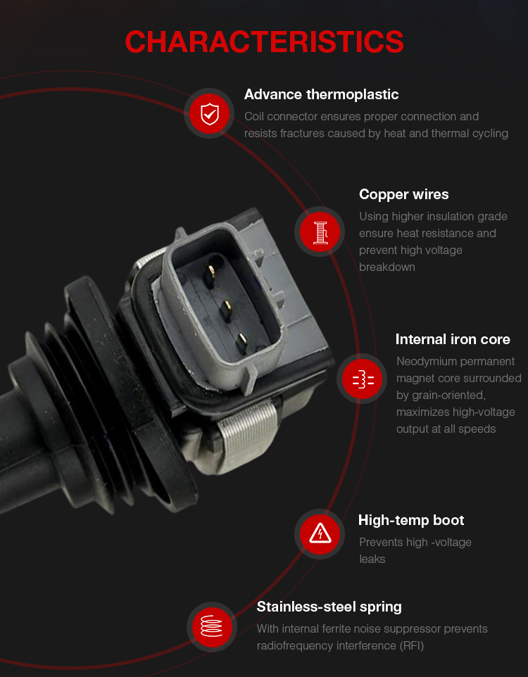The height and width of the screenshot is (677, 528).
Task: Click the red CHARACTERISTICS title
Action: point(264,42)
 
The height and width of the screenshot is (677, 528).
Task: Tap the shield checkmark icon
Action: point(210,114)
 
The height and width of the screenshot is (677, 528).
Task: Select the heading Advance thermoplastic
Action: point(321,94)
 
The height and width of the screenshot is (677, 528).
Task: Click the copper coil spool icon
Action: point(320,232)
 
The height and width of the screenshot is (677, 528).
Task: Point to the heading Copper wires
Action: point(403,195)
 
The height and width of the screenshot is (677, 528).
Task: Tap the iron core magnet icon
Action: point(363,379)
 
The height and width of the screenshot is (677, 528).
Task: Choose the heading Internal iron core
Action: point(453,339)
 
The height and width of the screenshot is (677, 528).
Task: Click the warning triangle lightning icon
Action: point(320,534)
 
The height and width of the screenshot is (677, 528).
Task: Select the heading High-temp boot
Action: point(411,520)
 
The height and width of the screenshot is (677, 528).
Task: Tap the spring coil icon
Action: point(212,626)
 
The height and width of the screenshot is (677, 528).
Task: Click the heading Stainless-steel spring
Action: point(329,607)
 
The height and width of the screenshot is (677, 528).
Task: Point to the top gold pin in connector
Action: point(211,273)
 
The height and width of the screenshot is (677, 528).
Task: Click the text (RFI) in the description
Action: point(412,646)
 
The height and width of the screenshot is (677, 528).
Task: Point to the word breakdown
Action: point(387,267)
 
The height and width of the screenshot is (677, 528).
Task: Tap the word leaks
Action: point(372,559)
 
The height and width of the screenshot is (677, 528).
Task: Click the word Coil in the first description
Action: point(254,117)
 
